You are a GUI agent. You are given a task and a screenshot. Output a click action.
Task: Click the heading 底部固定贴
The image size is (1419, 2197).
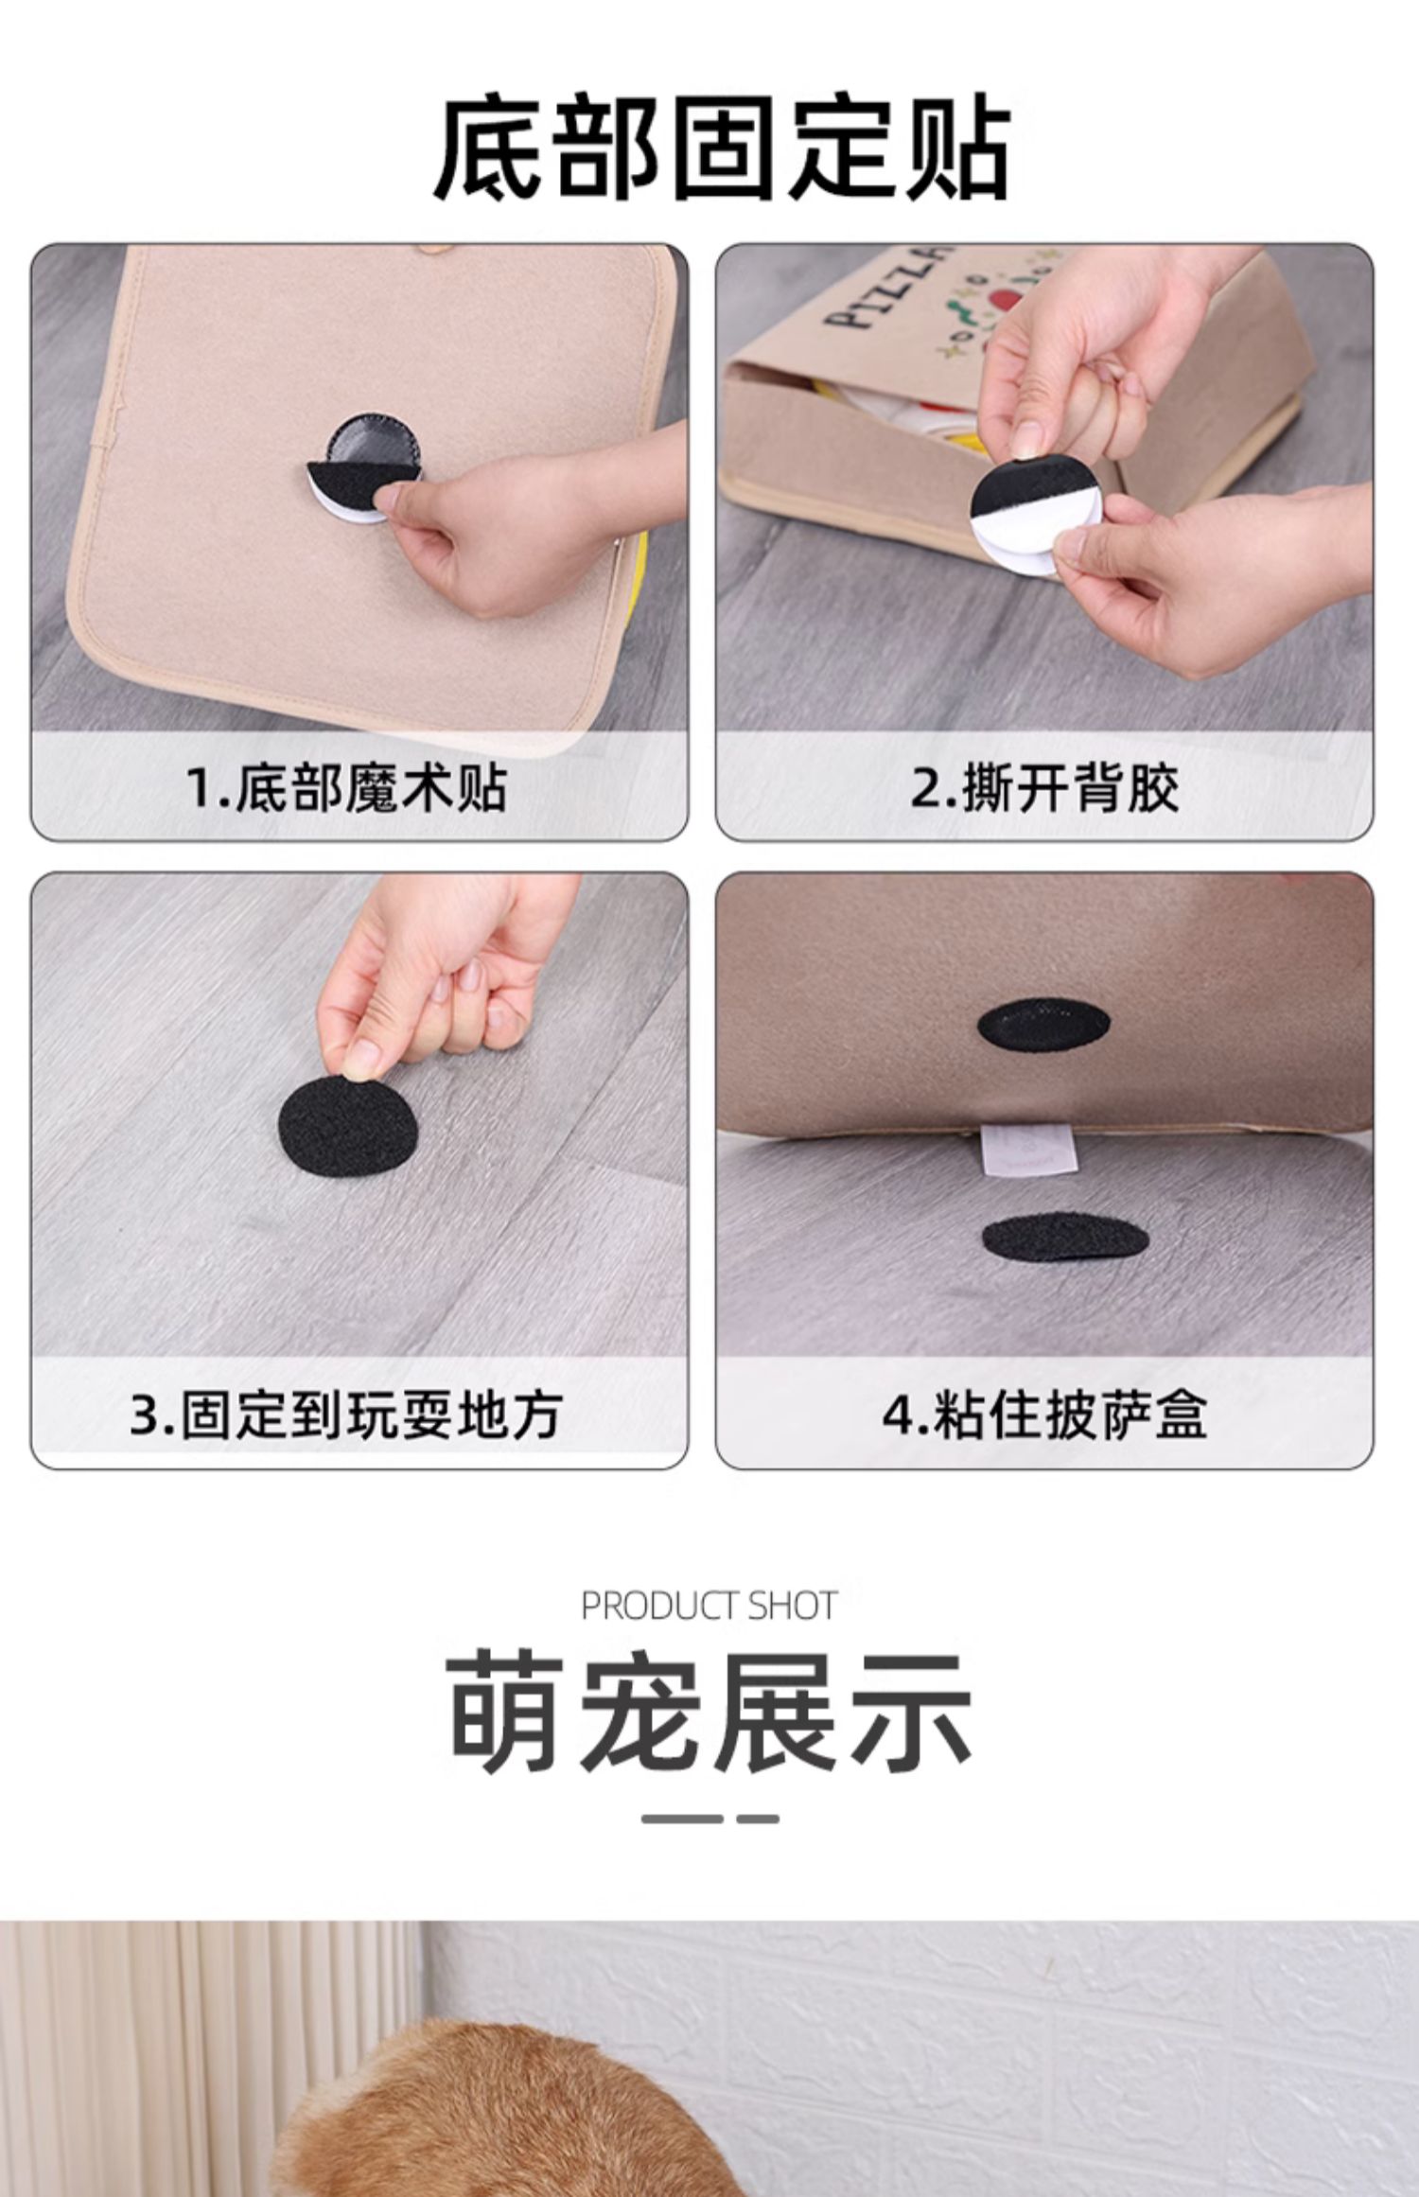[x=722, y=147]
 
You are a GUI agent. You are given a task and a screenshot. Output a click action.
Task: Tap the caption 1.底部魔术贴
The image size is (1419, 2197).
[x=345, y=787]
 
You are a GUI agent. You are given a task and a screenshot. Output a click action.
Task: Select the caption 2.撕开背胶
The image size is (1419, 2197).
[x=1044, y=787]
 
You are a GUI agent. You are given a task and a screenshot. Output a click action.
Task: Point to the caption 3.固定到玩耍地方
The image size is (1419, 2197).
[x=345, y=1415]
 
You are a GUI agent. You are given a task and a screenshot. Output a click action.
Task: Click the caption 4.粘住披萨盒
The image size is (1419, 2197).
[x=1044, y=1415]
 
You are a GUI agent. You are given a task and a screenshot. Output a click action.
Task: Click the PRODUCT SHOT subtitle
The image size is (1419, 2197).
[x=709, y=1606]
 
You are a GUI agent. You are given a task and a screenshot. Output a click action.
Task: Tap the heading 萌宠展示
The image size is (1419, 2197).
[x=709, y=1714]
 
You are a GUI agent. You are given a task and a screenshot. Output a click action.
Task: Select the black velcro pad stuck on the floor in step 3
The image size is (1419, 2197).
[x=348, y=1124]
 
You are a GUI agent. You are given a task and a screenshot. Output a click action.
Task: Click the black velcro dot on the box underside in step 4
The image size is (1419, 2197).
[x=1043, y=1026]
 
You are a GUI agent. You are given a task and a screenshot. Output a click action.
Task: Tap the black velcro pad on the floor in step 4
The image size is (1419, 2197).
[x=1066, y=1239]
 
